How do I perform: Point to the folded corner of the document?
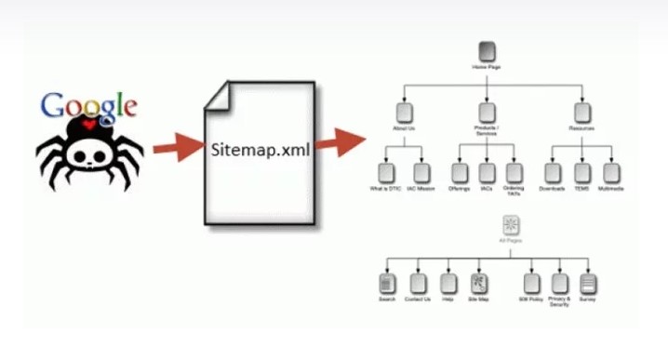click(x=217, y=92)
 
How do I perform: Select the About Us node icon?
click(x=403, y=113)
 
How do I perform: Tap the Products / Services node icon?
click(x=487, y=113)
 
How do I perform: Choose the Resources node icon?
click(x=581, y=113)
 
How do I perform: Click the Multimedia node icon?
click(x=611, y=172)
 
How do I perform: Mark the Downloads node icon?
click(x=553, y=172)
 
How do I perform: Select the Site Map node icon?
click(x=478, y=283)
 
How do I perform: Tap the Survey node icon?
click(x=588, y=283)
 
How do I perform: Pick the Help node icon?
click(x=448, y=283)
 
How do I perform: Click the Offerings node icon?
click(x=459, y=172)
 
